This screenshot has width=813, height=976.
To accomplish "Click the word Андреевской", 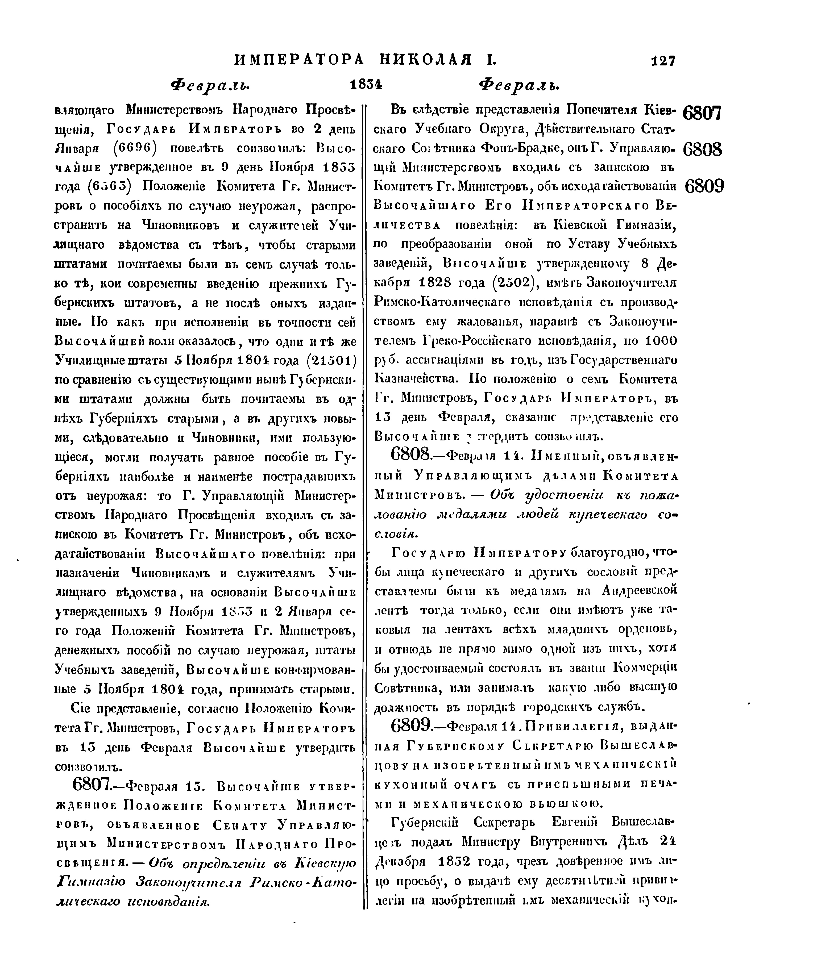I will tap(639, 590).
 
